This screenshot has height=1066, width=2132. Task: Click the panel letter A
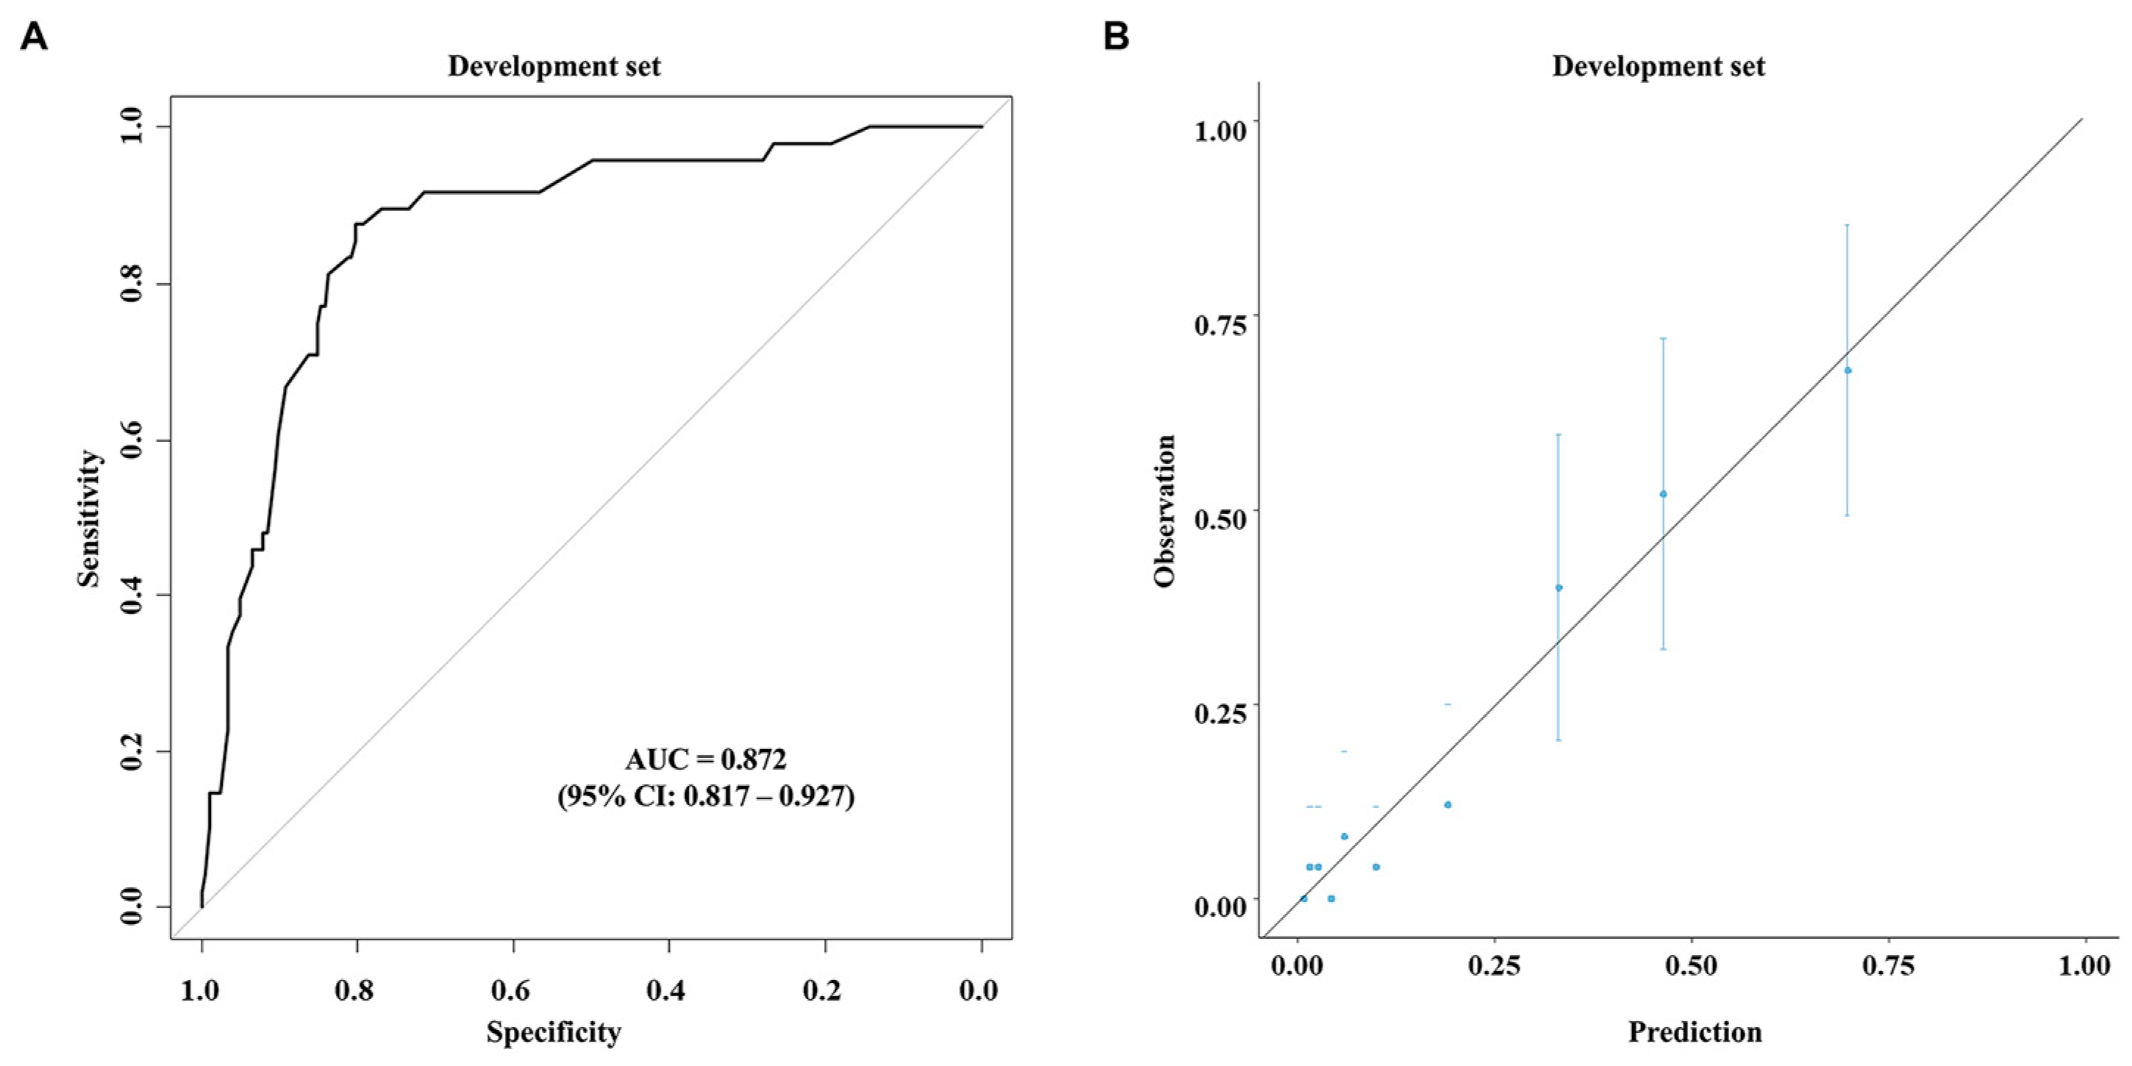pos(34,37)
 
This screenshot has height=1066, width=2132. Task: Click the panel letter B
pos(1117,37)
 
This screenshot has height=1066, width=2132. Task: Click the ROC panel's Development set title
pos(554,66)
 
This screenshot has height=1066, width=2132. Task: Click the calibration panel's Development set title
pos(1658,66)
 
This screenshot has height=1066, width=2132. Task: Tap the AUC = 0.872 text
pos(705,759)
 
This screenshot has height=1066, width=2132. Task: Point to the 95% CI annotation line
pos(705,796)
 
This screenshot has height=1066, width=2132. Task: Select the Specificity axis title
pos(553,1032)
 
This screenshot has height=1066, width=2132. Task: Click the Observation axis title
pos(1165,511)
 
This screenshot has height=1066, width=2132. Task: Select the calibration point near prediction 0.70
pos(1847,370)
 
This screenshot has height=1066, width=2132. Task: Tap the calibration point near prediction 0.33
pos(1559,587)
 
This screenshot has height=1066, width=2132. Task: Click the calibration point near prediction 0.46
pos(1663,494)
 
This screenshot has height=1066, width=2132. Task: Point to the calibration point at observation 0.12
pos(1448,804)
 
